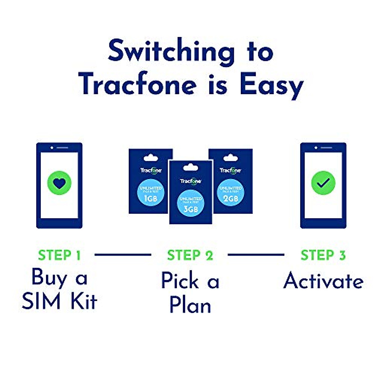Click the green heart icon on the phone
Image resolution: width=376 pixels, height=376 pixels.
point(59,183)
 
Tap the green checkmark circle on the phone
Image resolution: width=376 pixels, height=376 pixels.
point(323,183)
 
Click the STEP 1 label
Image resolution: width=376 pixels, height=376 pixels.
point(59,255)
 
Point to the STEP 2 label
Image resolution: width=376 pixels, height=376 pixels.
point(190,255)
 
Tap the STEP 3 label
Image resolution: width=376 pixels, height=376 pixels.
point(323,255)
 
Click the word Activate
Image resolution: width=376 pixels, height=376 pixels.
point(323,281)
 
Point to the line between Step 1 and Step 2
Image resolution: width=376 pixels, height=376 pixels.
point(123,255)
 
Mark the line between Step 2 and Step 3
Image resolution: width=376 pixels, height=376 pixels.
point(256,255)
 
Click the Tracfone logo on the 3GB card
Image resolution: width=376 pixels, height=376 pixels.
point(191,181)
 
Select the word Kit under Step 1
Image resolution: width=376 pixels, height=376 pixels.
point(84,301)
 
